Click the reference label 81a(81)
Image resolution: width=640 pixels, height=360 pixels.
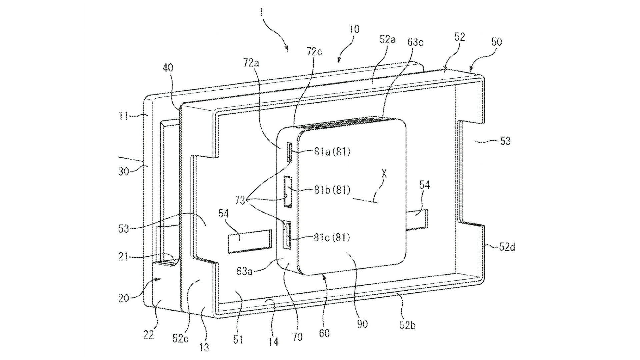(x=332, y=152)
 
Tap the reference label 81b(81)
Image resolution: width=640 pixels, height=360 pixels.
(x=332, y=190)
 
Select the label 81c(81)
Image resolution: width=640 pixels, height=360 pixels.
(x=332, y=237)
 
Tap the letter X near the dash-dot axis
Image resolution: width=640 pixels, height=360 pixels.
(x=384, y=174)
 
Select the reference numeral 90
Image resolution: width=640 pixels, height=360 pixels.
(x=362, y=324)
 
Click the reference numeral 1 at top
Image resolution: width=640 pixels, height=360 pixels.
(x=261, y=12)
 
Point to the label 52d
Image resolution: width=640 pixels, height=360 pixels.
(x=507, y=247)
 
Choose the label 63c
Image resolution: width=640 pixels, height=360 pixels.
(x=415, y=43)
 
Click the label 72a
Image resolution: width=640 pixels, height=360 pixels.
(x=251, y=62)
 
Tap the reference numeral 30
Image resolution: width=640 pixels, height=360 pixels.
(x=124, y=172)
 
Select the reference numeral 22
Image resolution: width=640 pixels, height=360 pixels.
(x=149, y=334)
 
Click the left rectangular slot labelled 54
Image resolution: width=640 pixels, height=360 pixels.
(x=249, y=241)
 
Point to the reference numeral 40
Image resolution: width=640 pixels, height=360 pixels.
(x=168, y=68)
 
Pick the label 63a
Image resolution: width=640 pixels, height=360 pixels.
(x=244, y=272)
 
